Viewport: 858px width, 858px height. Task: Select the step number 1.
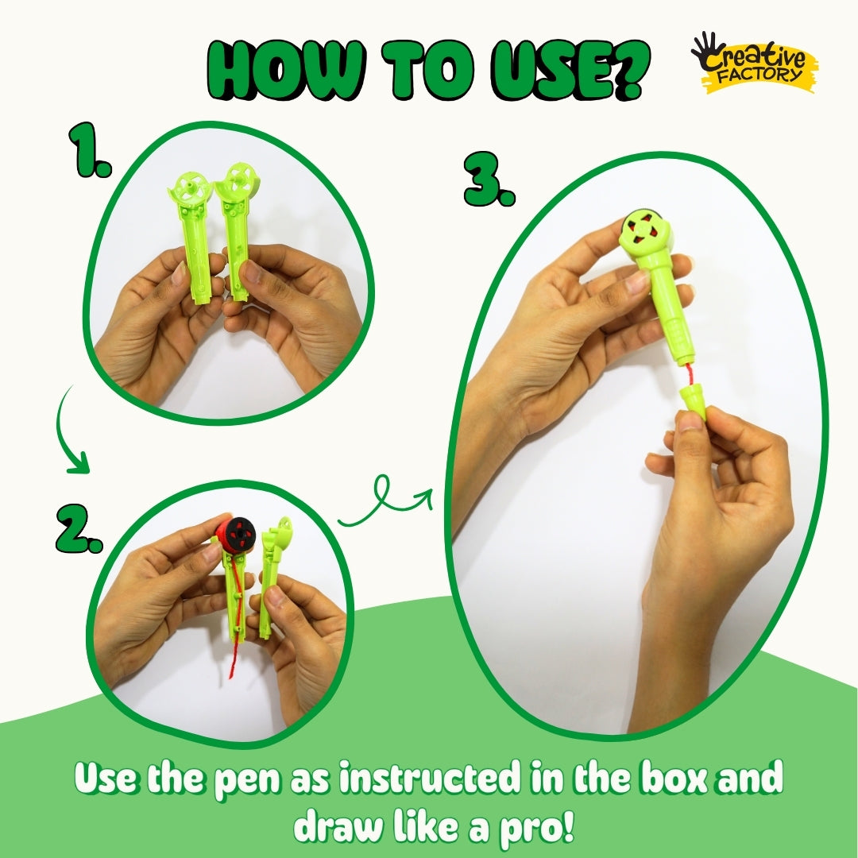coord(91,149)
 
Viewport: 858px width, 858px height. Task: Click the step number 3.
coord(489,179)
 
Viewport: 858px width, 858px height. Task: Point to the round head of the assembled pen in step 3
coord(646,234)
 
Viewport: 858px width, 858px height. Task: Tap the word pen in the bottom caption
coord(249,780)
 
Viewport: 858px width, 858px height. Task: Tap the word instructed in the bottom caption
coord(429,777)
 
